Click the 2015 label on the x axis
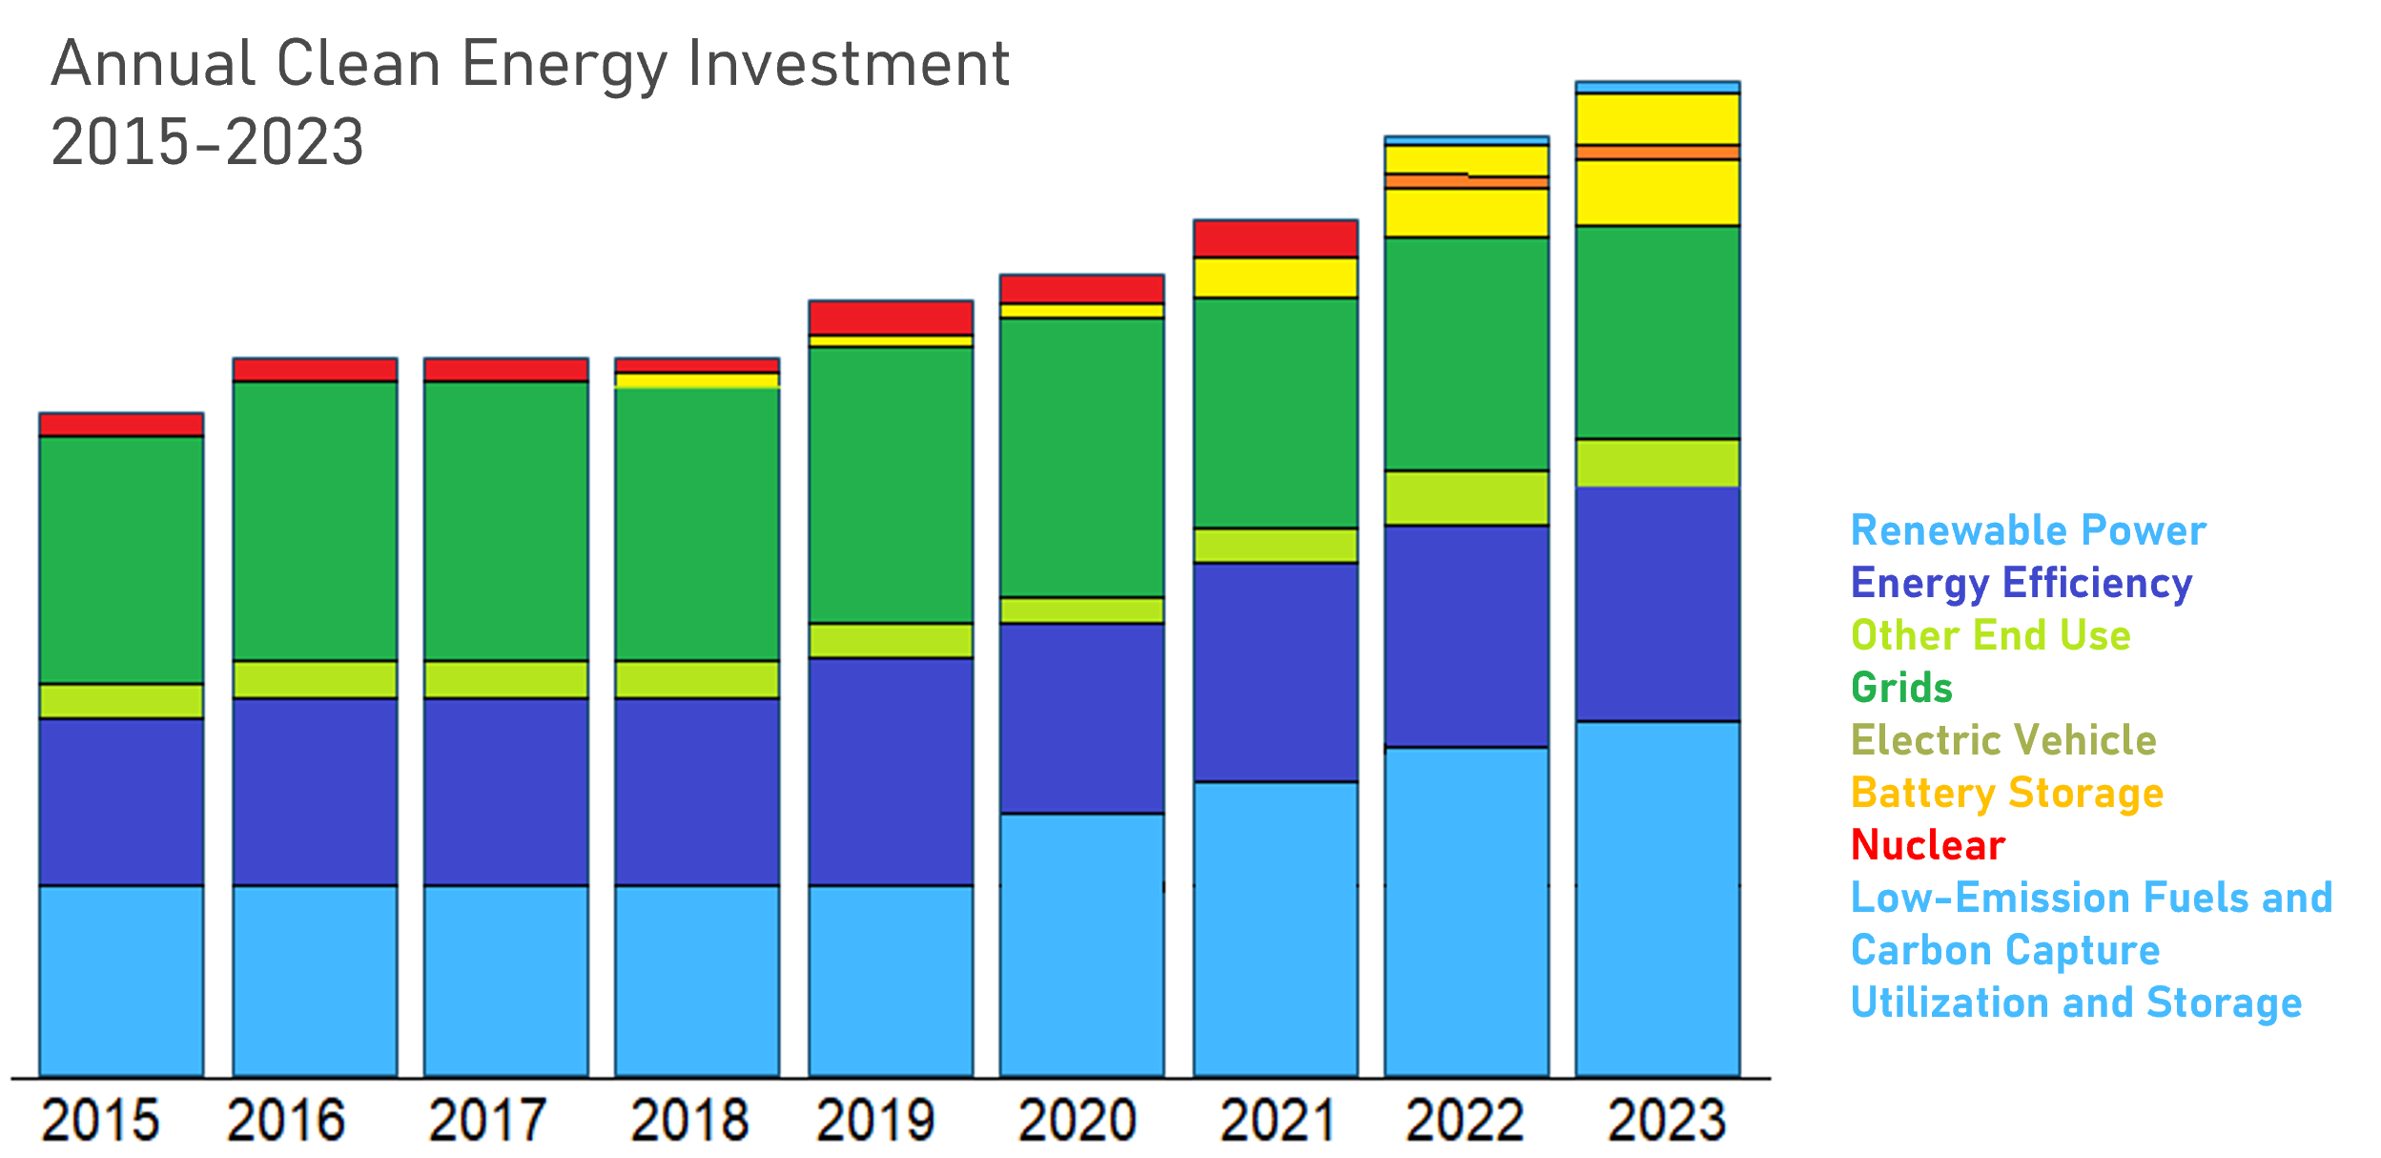100,1120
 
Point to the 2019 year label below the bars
875,1120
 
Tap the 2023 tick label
1666,1120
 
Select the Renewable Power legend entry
2027,530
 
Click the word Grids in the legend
1901,688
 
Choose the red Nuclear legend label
1927,845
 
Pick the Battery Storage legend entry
2006,793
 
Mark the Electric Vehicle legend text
2002,740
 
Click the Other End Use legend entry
1990,635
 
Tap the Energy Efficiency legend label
2021,583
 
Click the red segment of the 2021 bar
1275,238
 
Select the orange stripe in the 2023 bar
1657,153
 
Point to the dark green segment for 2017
505,520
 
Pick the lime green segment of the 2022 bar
1466,498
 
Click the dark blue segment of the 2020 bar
1081,717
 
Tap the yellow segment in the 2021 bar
1275,278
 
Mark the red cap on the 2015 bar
121,424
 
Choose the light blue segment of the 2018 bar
696,980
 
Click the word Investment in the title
849,65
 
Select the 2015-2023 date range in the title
207,142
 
